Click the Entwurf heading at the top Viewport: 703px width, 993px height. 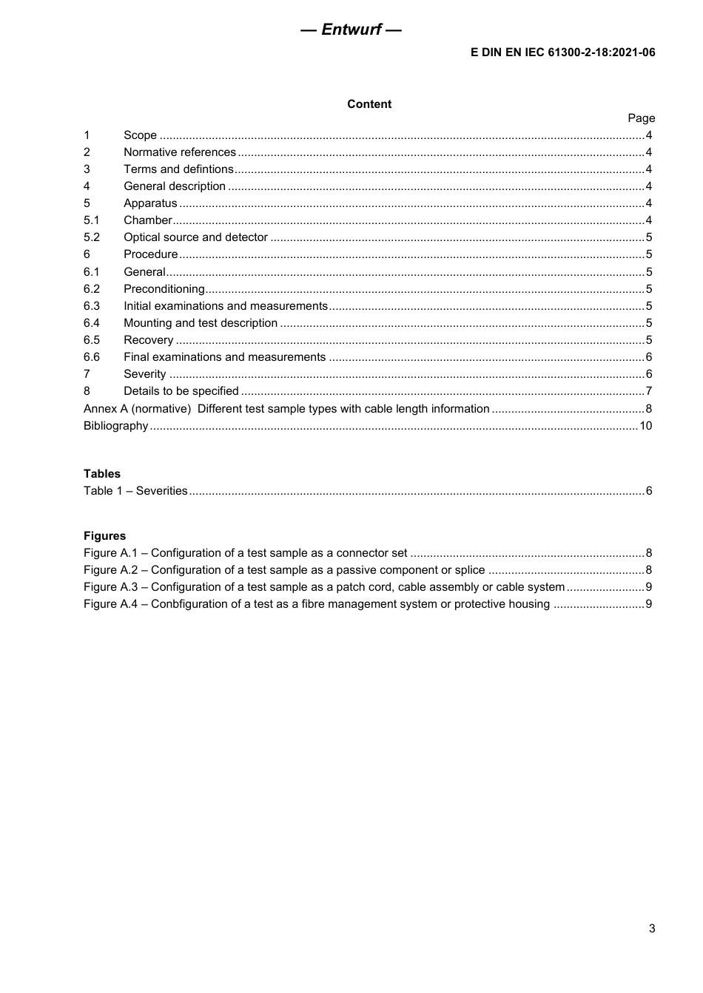click(x=351, y=30)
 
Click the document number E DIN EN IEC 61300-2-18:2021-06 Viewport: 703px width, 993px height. click(x=562, y=52)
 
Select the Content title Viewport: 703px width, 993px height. click(x=369, y=104)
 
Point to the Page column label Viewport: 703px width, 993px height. click(x=641, y=118)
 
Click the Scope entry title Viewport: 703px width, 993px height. click(x=140, y=135)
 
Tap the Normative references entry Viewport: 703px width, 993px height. click(x=180, y=152)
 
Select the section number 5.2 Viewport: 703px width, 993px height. click(x=91, y=237)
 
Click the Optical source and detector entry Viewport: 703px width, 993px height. click(x=195, y=237)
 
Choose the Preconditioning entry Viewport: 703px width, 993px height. click(x=164, y=289)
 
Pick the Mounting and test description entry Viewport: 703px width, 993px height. click(x=201, y=323)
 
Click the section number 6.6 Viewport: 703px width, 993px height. click(x=91, y=357)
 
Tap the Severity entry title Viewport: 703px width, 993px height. click(x=145, y=374)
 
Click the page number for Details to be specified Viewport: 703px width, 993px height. click(x=649, y=391)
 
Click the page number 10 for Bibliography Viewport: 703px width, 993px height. click(x=646, y=426)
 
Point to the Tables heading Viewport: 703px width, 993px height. click(x=102, y=474)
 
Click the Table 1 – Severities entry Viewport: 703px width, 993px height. click(x=135, y=491)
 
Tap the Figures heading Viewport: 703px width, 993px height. click(x=104, y=536)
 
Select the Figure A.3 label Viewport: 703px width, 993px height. click(x=111, y=587)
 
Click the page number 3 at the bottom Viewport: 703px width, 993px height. click(x=651, y=929)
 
